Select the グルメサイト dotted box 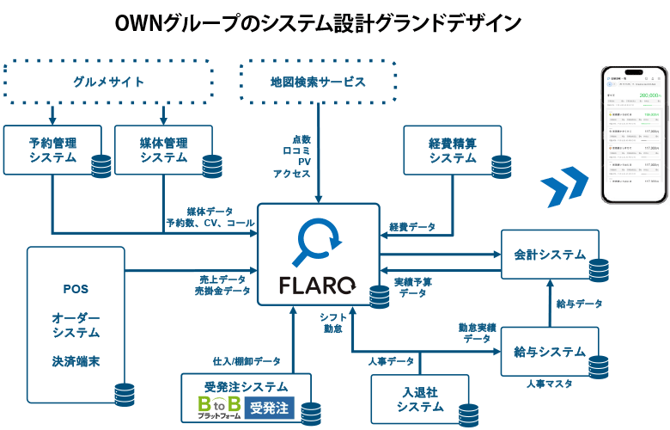pos(108,82)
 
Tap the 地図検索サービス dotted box pos(319,82)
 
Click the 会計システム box pos(550,255)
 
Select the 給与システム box pos(550,352)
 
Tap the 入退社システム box pos(420,399)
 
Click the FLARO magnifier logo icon pos(317,244)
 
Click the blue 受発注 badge pos(271,407)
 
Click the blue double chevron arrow pos(564,182)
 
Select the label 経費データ pos(412,228)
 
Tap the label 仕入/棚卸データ pos(247,360)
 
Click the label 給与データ pos(579,304)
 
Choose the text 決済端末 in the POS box pos(76,362)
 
